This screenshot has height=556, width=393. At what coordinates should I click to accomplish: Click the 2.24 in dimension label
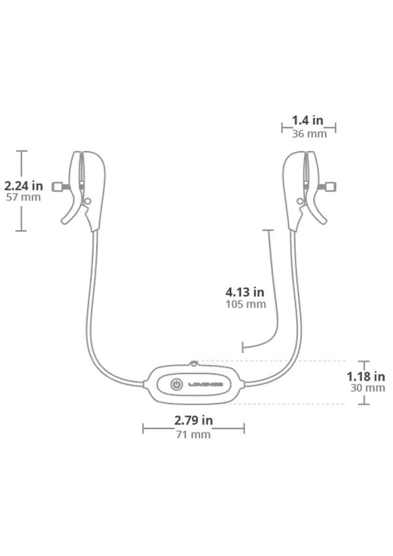(24, 186)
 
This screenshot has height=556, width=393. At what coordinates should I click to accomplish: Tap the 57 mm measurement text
(24, 197)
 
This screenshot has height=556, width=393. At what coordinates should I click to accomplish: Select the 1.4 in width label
(307, 120)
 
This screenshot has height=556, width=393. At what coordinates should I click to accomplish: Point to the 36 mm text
(309, 133)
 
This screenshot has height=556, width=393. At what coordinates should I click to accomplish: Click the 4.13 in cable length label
(245, 292)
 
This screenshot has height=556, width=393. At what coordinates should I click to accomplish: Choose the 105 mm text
(246, 304)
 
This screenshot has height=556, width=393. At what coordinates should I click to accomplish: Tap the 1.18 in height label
(365, 376)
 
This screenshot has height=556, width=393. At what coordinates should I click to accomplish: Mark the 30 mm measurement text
(368, 388)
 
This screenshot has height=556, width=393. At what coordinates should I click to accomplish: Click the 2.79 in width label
(193, 420)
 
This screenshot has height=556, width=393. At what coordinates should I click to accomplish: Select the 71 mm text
(193, 434)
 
